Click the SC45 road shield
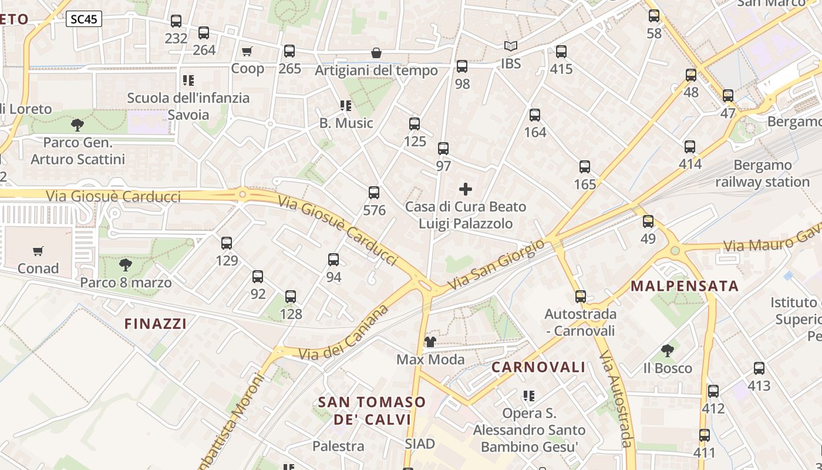(83, 19)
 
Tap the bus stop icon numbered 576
(374, 193)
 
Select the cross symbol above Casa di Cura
(466, 189)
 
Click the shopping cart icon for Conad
(38, 251)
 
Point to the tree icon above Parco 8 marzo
(126, 265)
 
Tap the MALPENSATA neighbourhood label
(685, 286)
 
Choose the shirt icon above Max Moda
(430, 342)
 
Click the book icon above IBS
(511, 46)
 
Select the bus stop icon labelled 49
(648, 221)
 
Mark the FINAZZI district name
(156, 324)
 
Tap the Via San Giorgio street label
(497, 266)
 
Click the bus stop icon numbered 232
(176, 21)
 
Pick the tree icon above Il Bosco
(667, 351)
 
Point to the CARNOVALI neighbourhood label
(538, 368)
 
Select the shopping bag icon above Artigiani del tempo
(376, 53)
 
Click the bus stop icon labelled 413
(759, 368)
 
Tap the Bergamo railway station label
(762, 173)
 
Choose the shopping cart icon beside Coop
(247, 51)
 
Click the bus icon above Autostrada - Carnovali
(581, 297)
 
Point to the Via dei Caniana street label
(344, 333)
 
